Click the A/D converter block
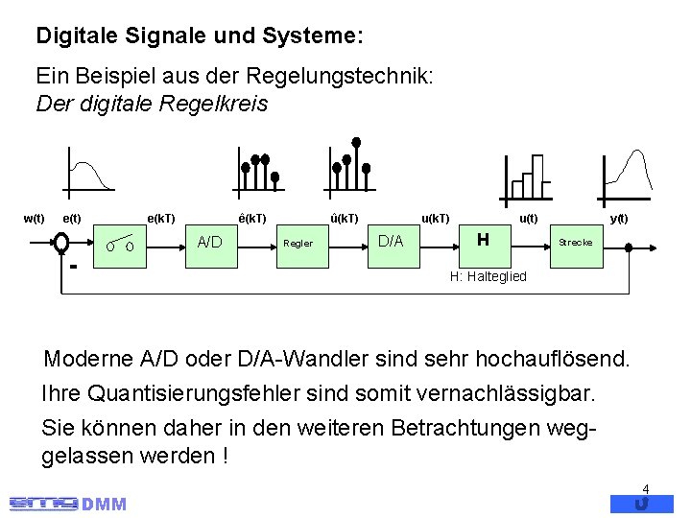[x=209, y=242]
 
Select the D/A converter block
[x=390, y=240]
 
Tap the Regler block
[x=298, y=243]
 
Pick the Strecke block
[x=575, y=243]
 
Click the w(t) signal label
[x=34, y=219]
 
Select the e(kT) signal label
[x=159, y=219]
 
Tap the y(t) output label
[x=619, y=219]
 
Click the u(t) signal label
[x=528, y=219]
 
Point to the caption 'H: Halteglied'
[x=488, y=276]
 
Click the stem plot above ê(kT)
[x=258, y=169]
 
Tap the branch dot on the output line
[x=629, y=247]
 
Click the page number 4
[x=646, y=488]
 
